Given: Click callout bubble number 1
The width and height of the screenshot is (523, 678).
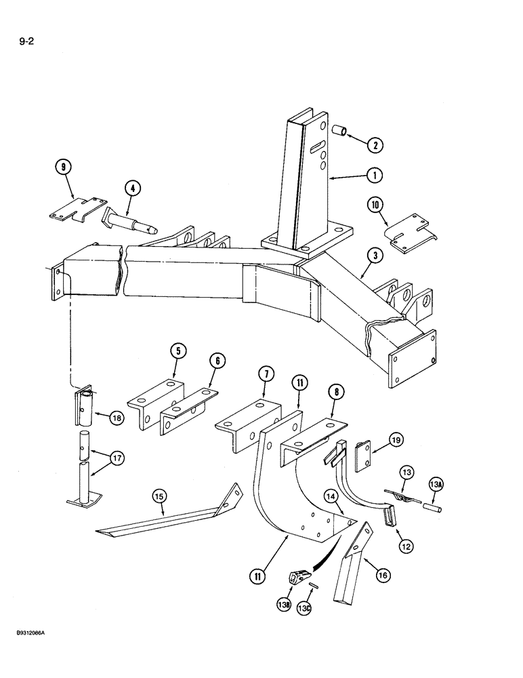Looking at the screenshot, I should (372, 175).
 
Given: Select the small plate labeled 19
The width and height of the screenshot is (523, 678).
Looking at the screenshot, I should (364, 454).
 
